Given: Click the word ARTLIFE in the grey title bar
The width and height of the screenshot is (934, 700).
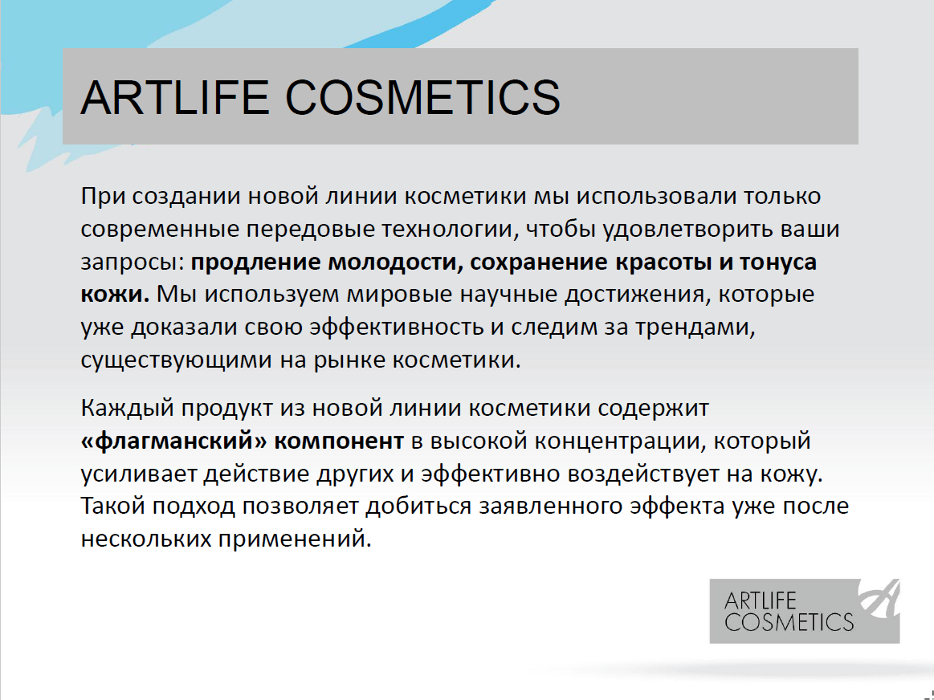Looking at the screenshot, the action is (174, 97).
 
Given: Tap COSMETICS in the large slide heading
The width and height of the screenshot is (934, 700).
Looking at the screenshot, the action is (423, 97).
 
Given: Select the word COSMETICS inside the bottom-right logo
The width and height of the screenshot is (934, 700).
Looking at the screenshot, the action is (789, 622).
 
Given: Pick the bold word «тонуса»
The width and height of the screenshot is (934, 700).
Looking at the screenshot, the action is (778, 262).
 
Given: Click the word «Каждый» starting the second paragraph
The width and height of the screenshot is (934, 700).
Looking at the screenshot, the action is (127, 409).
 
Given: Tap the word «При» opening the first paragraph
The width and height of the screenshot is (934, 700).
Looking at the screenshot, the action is (103, 197).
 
